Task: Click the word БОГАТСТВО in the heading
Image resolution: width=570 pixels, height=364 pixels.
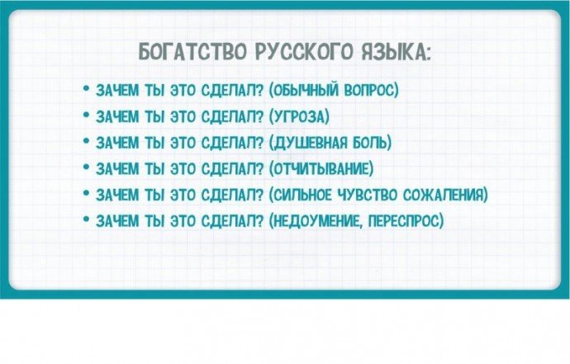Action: click(x=193, y=53)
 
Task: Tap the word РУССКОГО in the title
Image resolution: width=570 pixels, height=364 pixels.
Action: click(x=303, y=53)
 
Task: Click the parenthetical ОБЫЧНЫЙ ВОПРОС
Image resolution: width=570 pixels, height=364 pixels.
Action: click(x=334, y=90)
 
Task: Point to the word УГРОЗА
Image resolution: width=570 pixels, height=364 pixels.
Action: click(x=299, y=116)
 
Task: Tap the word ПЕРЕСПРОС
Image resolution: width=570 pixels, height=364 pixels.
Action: click(x=406, y=221)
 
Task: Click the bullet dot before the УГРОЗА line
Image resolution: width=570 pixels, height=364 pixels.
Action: click(x=86, y=115)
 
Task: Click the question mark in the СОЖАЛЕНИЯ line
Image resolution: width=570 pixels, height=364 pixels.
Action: click(x=259, y=195)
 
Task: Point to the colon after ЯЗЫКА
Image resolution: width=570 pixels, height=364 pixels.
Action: click(x=429, y=55)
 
